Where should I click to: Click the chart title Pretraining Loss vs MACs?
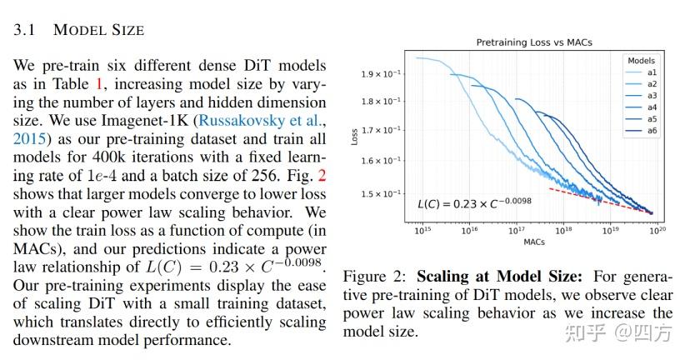[x=533, y=42]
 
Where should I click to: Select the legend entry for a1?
[x=652, y=72]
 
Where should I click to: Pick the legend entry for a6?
[x=652, y=131]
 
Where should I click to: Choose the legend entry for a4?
[x=652, y=107]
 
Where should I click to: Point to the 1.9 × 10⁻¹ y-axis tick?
[x=379, y=74]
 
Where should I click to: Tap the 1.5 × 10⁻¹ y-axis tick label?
[x=379, y=194]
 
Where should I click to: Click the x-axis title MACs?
[x=534, y=242]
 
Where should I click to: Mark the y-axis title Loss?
[x=354, y=136]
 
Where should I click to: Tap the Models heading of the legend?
[x=641, y=61]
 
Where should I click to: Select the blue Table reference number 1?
[x=102, y=82]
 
